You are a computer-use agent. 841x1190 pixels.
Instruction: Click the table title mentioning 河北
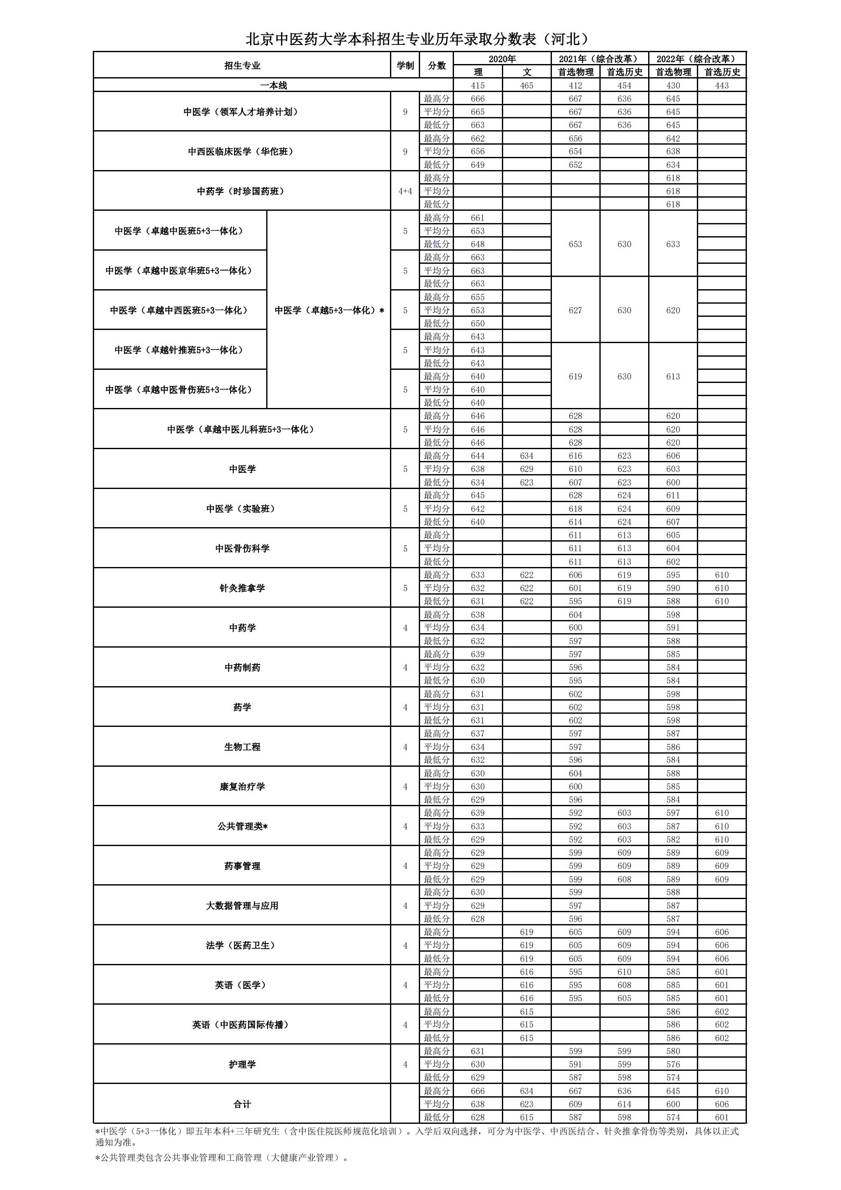[x=418, y=39]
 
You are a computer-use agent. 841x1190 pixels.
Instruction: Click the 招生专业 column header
[x=242, y=66]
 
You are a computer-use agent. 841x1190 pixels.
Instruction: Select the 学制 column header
[x=405, y=66]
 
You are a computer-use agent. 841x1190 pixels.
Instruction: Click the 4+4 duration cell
[x=405, y=191]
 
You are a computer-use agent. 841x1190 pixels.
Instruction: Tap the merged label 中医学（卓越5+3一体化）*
[x=329, y=310]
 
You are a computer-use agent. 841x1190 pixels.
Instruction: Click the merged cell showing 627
[x=575, y=310]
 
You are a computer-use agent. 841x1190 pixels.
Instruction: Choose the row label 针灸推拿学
[x=242, y=588]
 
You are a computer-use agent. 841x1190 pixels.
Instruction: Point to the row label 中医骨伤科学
[x=242, y=548]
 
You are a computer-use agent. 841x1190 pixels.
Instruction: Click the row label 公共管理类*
[x=242, y=826]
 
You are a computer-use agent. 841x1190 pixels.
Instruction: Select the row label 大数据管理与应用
[x=242, y=905]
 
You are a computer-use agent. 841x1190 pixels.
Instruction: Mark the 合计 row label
[x=242, y=1104]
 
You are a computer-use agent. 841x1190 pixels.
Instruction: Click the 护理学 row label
[x=242, y=1064]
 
